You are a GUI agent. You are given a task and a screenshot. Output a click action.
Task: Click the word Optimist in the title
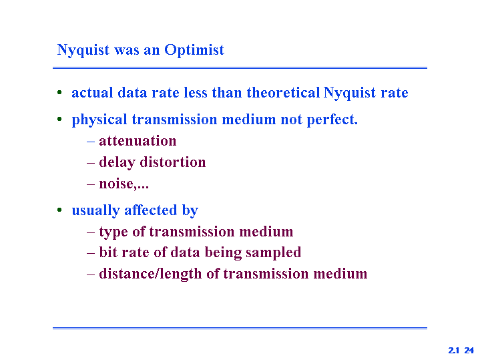coord(194,50)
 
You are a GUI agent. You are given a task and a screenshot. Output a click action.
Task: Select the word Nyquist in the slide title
coord(83,50)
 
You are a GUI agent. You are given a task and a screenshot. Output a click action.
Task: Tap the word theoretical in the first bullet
coord(284,92)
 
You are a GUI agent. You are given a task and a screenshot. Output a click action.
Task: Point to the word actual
coord(92,93)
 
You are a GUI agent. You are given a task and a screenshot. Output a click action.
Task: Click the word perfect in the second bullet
coord(332,120)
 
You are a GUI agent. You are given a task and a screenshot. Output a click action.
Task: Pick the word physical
coord(99,120)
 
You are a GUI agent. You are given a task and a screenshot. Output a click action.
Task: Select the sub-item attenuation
coord(138,141)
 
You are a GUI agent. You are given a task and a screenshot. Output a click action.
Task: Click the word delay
coord(117,162)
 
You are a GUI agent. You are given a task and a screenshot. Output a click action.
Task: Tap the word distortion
coord(173,162)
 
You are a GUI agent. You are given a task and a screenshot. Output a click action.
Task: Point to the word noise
coord(116,184)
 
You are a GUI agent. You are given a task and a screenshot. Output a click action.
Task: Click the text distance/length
coord(150,274)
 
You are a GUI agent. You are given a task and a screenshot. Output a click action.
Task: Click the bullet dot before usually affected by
coord(59,210)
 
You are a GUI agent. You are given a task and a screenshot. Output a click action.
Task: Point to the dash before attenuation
coord(91,142)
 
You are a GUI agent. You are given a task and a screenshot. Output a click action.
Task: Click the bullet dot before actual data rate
coord(59,92)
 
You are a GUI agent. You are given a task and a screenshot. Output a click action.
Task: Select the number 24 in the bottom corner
coord(469,350)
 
